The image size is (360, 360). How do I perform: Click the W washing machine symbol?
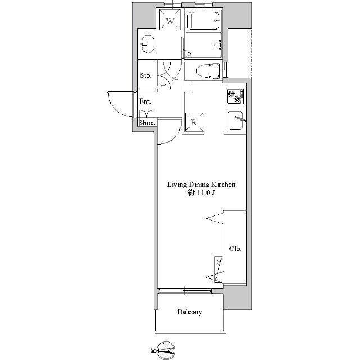click(170, 20)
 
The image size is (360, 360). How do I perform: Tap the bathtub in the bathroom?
click(203, 21)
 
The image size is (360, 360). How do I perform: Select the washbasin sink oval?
click(147, 44)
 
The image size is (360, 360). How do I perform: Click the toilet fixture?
click(208, 70)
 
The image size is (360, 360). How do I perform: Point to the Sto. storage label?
click(146, 75)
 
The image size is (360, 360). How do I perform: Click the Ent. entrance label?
click(145, 101)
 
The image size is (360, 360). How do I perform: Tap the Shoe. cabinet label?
click(147, 123)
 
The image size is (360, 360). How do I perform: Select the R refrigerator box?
click(194, 123)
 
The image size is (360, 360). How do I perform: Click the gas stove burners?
click(235, 96)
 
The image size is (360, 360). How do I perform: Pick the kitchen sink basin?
click(236, 120)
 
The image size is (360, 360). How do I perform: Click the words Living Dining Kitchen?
click(201, 184)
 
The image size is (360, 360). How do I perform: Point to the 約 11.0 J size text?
click(201, 193)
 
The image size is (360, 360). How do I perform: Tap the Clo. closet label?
click(235, 249)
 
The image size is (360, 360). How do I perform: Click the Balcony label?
click(190, 312)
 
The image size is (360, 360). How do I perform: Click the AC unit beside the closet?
click(218, 269)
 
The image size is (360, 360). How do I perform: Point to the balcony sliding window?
click(185, 291)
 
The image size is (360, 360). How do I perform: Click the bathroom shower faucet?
click(218, 44)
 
